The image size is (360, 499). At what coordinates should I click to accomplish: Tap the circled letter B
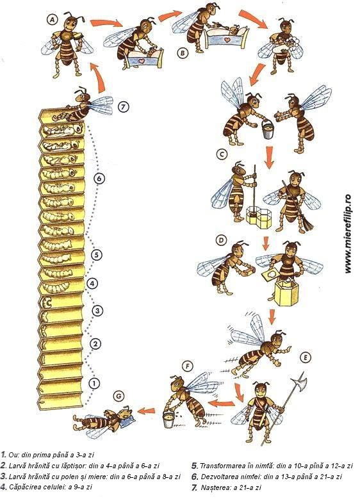(x=183, y=53)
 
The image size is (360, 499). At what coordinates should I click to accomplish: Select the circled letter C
(x=222, y=154)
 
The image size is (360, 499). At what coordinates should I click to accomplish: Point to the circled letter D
(x=220, y=240)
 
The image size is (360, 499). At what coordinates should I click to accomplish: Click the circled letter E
(x=305, y=357)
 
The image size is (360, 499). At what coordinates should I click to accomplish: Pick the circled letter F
(x=188, y=366)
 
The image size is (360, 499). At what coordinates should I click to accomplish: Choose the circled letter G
(x=119, y=396)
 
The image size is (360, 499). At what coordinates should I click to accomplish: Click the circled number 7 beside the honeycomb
(x=124, y=106)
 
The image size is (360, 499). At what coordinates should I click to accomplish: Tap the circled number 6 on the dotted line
(x=99, y=179)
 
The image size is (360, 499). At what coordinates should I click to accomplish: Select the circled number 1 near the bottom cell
(x=94, y=384)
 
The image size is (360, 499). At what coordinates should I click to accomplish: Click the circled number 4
(x=92, y=283)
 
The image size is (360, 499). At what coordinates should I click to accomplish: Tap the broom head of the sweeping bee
(x=307, y=224)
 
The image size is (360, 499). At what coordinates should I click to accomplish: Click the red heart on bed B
(x=227, y=40)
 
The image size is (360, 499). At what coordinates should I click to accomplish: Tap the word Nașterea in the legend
(x=213, y=487)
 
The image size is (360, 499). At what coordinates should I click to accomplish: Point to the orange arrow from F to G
(x=148, y=410)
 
